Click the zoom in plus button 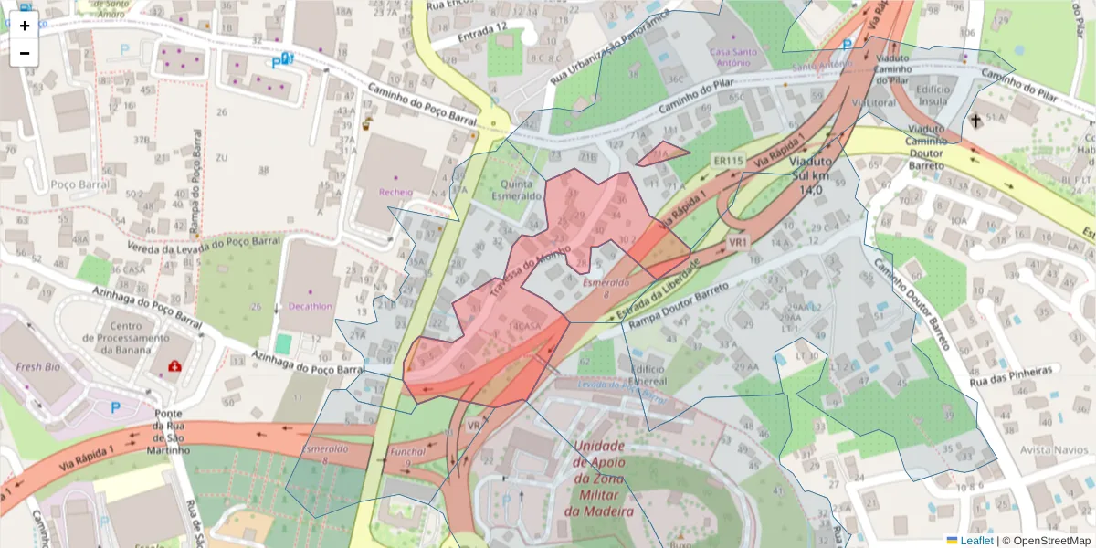pyautogui.click(x=25, y=26)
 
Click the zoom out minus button pyautogui.click(x=25, y=53)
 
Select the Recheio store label pyautogui.click(x=396, y=192)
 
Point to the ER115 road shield pyautogui.click(x=728, y=161)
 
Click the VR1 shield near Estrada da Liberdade pyautogui.click(x=738, y=242)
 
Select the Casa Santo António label pyautogui.click(x=734, y=58)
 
